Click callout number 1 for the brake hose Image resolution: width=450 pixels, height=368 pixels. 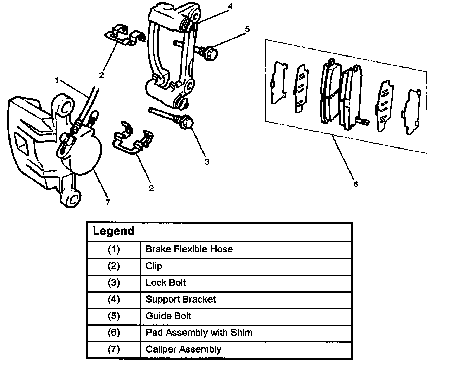(x=57, y=80)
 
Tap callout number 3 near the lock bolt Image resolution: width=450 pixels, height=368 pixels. (x=207, y=162)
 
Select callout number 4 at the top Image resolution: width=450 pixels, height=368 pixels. (x=230, y=6)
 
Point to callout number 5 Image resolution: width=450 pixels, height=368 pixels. (x=247, y=29)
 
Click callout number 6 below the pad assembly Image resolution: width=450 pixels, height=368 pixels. (x=356, y=184)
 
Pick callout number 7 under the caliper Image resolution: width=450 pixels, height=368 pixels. (x=108, y=202)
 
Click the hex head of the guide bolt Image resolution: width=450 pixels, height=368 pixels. (x=210, y=53)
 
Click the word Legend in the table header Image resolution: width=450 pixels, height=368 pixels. (x=114, y=231)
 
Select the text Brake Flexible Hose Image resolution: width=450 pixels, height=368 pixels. (x=189, y=249)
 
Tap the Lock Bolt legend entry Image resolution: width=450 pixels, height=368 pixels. (x=166, y=283)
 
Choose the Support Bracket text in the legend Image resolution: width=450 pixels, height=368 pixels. (x=181, y=300)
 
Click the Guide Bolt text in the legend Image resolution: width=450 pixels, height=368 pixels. (x=168, y=316)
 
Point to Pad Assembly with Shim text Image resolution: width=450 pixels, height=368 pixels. (x=199, y=333)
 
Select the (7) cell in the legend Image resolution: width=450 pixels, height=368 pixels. (x=114, y=349)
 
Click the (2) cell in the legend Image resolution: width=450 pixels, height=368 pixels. (x=114, y=266)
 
